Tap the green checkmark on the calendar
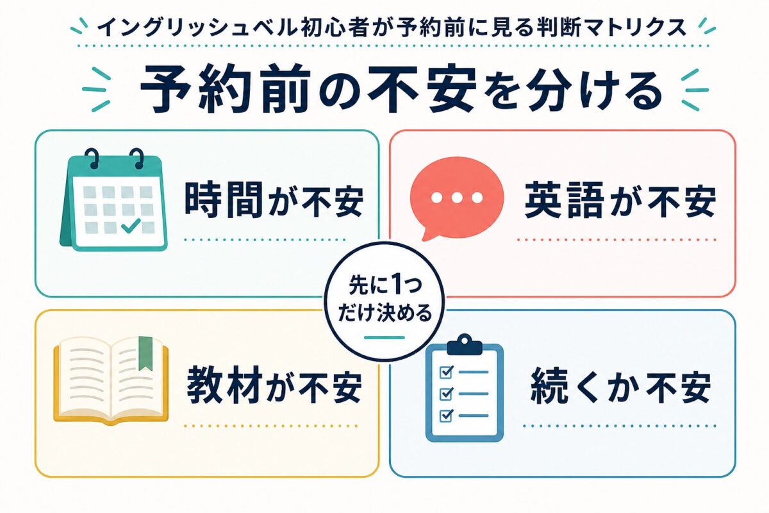(131, 225)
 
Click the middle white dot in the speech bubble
(457, 198)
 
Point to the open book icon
(111, 380)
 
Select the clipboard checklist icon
(465, 387)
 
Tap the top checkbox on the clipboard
(446, 372)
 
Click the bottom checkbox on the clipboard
(446, 416)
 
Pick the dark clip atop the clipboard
(465, 344)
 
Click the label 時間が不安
(274, 200)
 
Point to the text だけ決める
(384, 312)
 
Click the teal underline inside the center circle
(384, 337)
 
